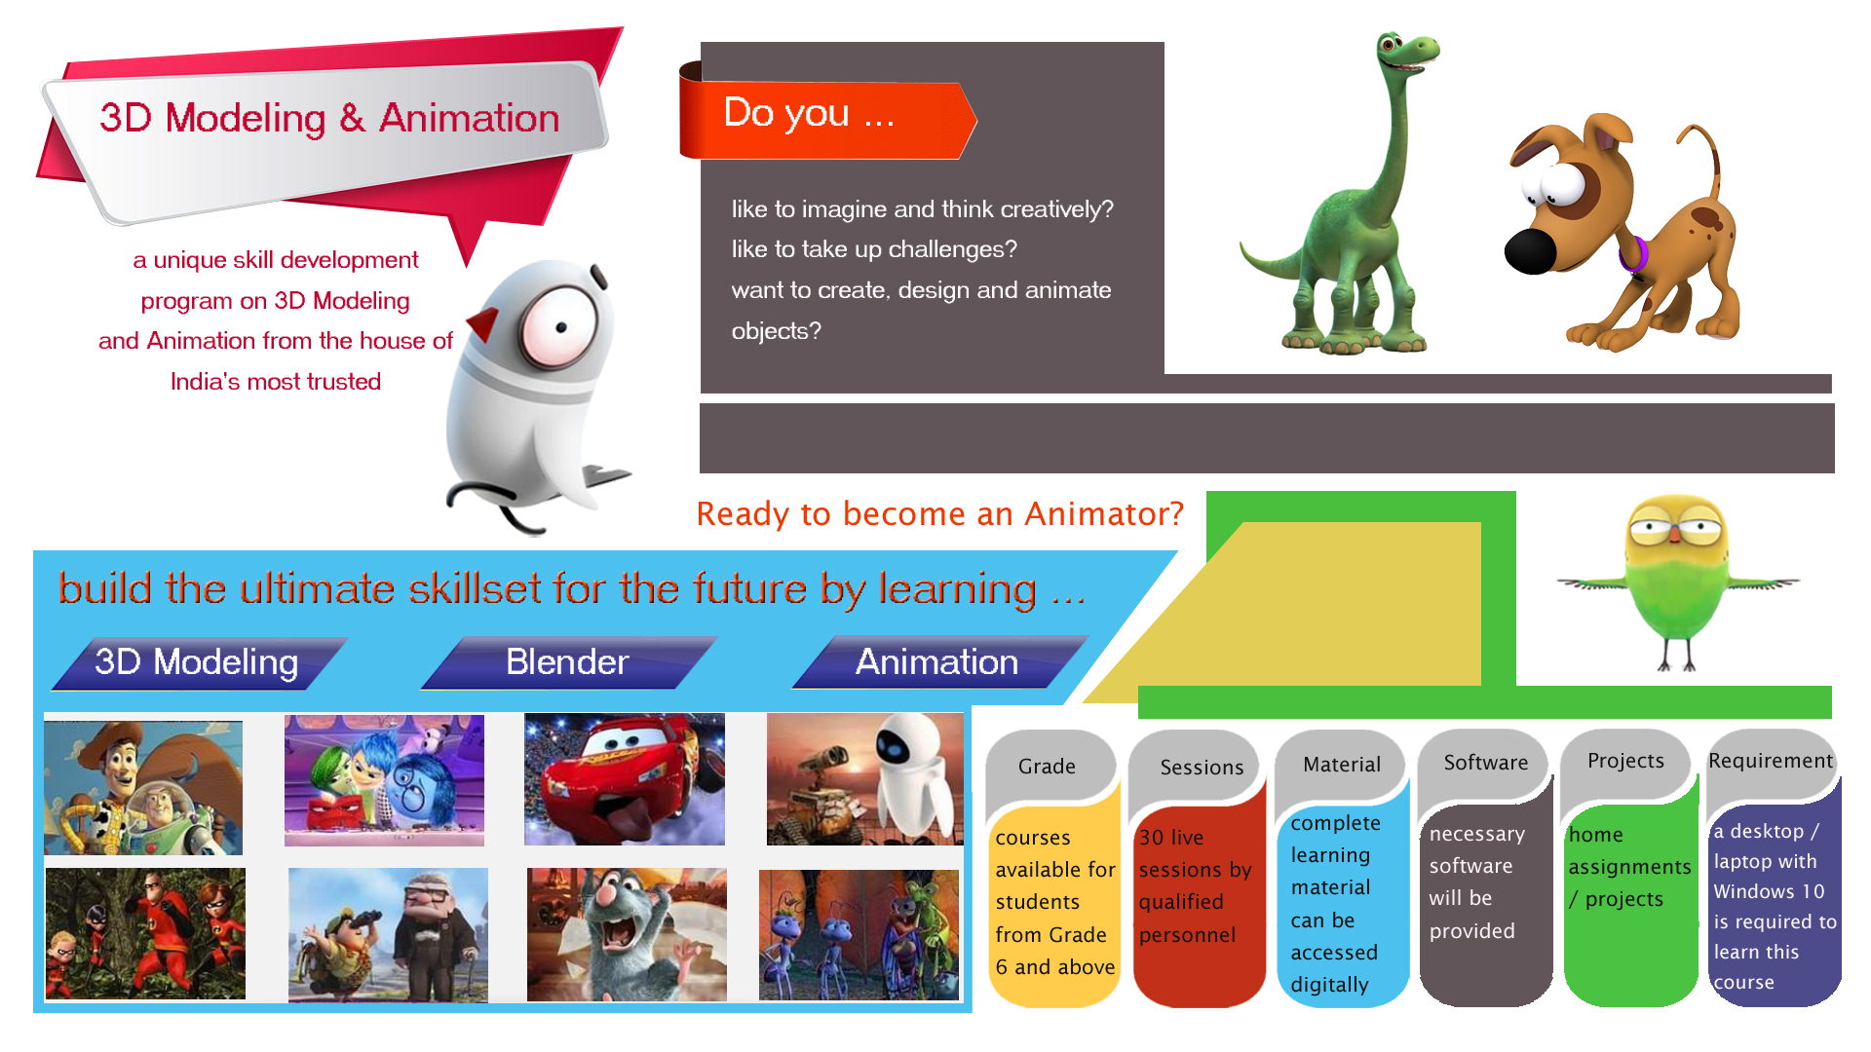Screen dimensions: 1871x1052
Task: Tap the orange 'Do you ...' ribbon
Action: tap(826, 120)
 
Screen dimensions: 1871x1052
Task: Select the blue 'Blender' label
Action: tap(568, 662)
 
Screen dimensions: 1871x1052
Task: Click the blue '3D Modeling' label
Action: tap(198, 662)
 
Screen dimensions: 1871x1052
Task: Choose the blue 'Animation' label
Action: tap(938, 662)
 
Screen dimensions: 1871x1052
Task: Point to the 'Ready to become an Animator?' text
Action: tap(939, 513)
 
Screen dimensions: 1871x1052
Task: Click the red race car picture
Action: tap(625, 779)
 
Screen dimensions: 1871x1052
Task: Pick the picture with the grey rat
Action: tap(627, 934)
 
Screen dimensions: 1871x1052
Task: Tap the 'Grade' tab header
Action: tap(1048, 767)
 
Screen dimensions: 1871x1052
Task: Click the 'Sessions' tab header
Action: tap(1202, 767)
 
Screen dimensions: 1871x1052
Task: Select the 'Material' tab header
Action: tap(1342, 765)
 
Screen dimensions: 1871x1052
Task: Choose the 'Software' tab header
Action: tap(1486, 763)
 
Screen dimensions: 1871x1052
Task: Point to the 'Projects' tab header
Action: tap(1625, 761)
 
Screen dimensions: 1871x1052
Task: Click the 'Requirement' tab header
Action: tap(1771, 761)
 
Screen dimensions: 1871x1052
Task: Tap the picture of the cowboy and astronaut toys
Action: tap(143, 788)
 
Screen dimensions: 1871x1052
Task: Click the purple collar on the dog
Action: tap(1634, 254)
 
